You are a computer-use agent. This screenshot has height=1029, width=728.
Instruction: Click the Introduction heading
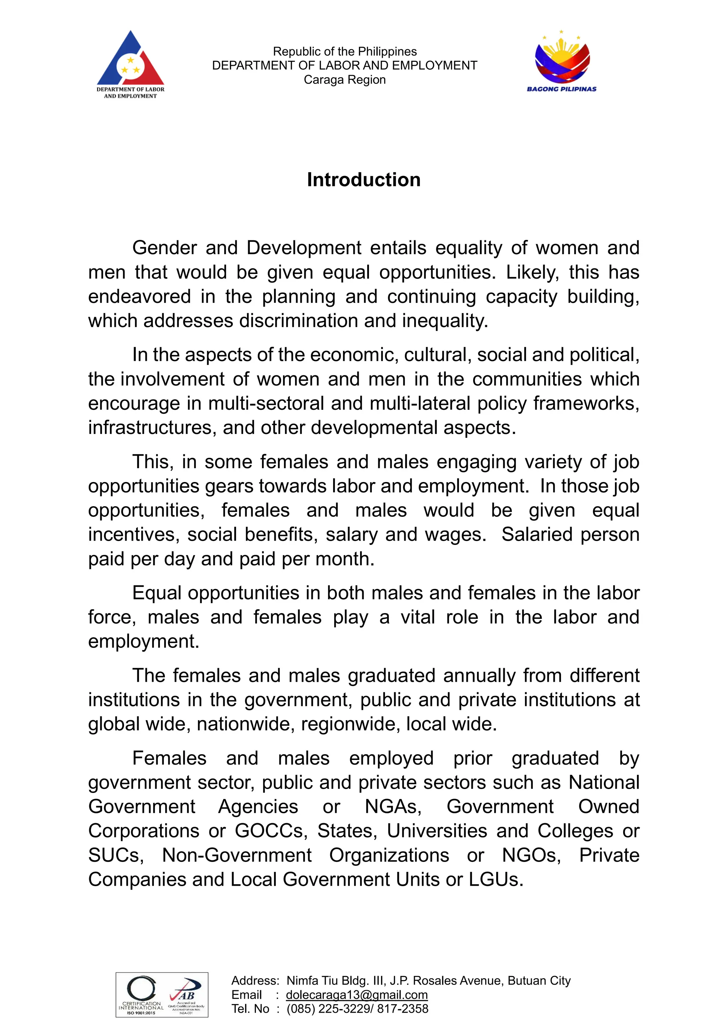pos(364,180)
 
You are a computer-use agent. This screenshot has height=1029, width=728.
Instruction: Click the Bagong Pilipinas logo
pos(562,60)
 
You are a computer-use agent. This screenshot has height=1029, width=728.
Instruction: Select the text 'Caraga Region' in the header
pos(344,80)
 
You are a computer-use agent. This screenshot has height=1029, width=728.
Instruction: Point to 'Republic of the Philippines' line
pos(344,52)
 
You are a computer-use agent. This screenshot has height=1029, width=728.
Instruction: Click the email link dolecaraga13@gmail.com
pos(357,995)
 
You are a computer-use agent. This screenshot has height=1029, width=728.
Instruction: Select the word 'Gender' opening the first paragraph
pos(165,248)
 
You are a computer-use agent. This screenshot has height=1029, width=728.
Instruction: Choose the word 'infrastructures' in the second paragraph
pos(149,428)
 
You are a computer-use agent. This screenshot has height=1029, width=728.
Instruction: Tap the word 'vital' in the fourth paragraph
pos(417,617)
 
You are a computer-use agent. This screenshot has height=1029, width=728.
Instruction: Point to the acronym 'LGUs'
pos(496,879)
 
